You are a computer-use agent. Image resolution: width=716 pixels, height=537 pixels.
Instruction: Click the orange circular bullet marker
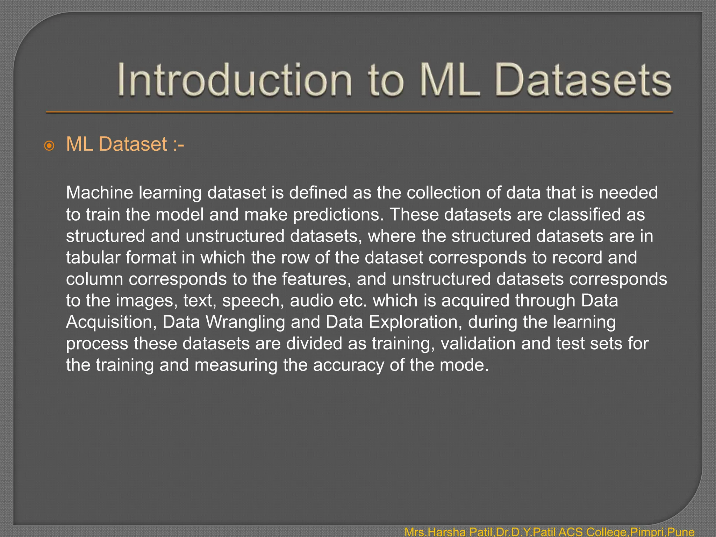coord(49,145)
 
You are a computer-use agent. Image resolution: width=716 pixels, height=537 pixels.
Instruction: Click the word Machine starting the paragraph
coord(100,193)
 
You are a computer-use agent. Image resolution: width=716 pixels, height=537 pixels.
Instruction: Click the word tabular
coord(93,258)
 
